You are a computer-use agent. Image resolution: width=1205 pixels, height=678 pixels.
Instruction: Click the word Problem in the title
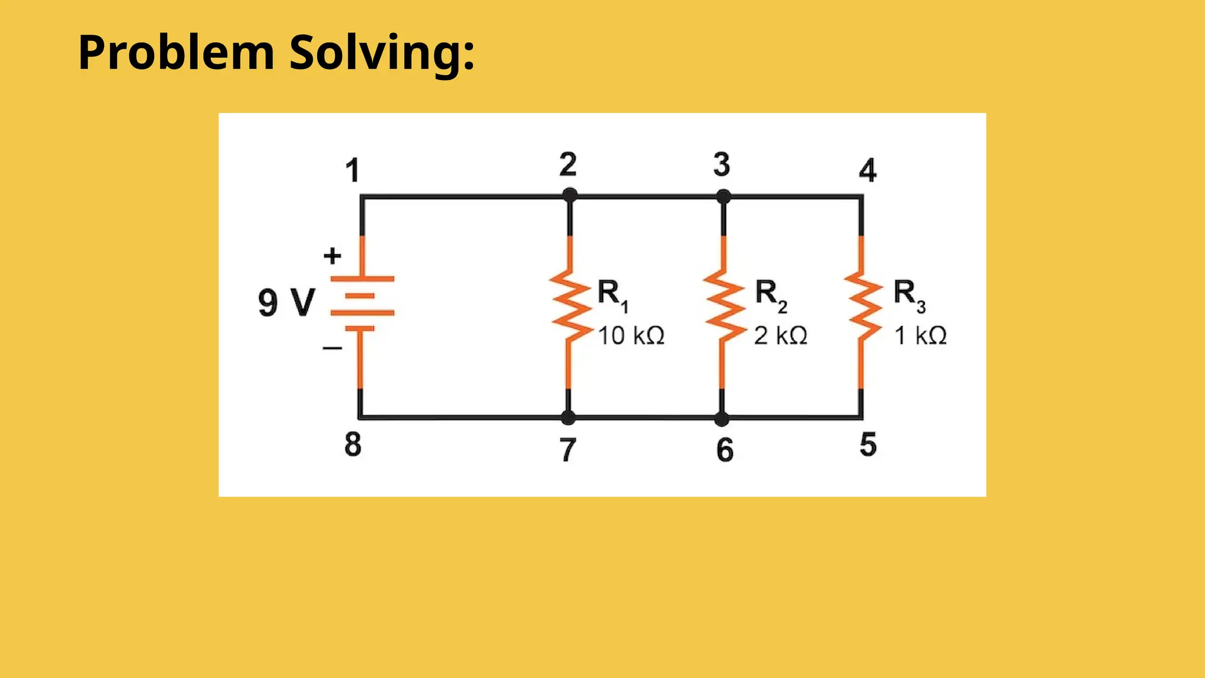click(x=176, y=53)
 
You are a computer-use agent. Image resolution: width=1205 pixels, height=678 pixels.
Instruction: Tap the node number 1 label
click(x=352, y=171)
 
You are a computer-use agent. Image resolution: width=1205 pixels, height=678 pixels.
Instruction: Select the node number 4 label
click(x=867, y=171)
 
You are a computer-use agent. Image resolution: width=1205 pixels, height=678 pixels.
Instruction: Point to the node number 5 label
click(x=868, y=444)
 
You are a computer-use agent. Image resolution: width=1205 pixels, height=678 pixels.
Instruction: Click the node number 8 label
click(x=352, y=444)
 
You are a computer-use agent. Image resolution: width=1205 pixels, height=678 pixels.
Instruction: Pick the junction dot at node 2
click(x=570, y=195)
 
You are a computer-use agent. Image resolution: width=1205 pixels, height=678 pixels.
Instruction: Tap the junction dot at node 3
click(x=724, y=196)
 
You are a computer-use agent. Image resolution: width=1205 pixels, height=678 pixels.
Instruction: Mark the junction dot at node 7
click(x=568, y=418)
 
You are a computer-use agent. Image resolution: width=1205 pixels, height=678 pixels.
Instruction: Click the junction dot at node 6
click(x=722, y=418)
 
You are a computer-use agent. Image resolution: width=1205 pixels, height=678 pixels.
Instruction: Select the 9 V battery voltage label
click(x=287, y=303)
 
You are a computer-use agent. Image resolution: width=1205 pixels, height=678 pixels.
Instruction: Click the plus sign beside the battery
click(x=332, y=255)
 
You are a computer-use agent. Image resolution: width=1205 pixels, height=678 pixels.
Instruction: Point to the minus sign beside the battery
click(x=332, y=348)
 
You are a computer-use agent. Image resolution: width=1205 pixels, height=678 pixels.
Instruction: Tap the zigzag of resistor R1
click(x=570, y=306)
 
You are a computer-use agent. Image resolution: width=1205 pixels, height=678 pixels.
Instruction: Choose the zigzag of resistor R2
click(x=724, y=306)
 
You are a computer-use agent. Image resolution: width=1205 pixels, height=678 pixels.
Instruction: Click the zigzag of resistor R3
click(x=863, y=306)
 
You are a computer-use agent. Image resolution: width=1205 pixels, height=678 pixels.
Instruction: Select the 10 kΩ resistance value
click(x=631, y=335)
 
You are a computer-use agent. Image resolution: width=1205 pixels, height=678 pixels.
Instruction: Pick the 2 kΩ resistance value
click(x=781, y=335)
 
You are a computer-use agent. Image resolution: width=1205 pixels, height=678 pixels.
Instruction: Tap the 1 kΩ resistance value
click(x=921, y=335)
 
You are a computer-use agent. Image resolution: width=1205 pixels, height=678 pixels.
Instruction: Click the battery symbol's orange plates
click(x=362, y=303)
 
